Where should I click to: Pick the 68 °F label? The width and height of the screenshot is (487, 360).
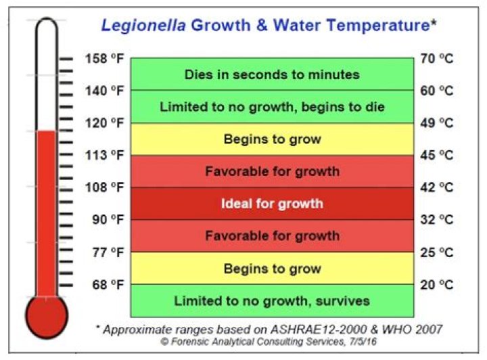(106, 284)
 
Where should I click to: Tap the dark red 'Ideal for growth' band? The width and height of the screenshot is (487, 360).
(272, 203)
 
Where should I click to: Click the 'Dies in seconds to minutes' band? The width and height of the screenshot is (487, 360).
(272, 74)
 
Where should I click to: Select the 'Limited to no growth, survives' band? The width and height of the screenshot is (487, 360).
(272, 300)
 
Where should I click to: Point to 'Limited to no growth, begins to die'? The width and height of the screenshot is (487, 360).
(272, 106)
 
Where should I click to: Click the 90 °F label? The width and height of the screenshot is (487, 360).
(106, 219)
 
